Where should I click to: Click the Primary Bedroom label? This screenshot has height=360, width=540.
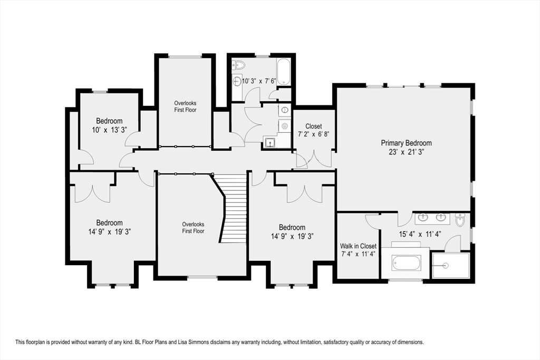[x=406, y=143]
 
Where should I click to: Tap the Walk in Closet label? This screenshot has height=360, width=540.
[x=358, y=246]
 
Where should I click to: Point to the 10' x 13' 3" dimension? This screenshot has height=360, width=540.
[x=109, y=130]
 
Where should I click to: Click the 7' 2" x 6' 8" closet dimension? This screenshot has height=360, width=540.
[x=313, y=134]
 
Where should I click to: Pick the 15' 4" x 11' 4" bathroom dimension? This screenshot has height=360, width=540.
[x=420, y=235]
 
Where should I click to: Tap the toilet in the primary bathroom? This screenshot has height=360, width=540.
[x=460, y=220]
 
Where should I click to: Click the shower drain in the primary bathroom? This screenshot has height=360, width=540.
[x=446, y=265]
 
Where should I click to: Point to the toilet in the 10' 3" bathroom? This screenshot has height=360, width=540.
[x=238, y=64]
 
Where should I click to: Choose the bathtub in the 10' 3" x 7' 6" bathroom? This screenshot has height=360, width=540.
[x=284, y=72]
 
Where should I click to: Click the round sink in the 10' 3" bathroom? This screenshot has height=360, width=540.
[x=237, y=81]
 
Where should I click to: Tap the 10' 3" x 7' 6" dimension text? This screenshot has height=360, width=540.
[x=259, y=81]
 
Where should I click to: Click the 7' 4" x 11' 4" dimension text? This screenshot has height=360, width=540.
[x=358, y=254]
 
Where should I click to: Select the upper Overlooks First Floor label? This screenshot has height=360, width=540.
[x=185, y=106]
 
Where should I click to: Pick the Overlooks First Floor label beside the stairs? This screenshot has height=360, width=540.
[x=193, y=228]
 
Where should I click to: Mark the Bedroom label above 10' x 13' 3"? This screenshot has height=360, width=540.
[x=109, y=121]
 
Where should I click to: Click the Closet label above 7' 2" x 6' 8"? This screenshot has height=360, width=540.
[x=313, y=127]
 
